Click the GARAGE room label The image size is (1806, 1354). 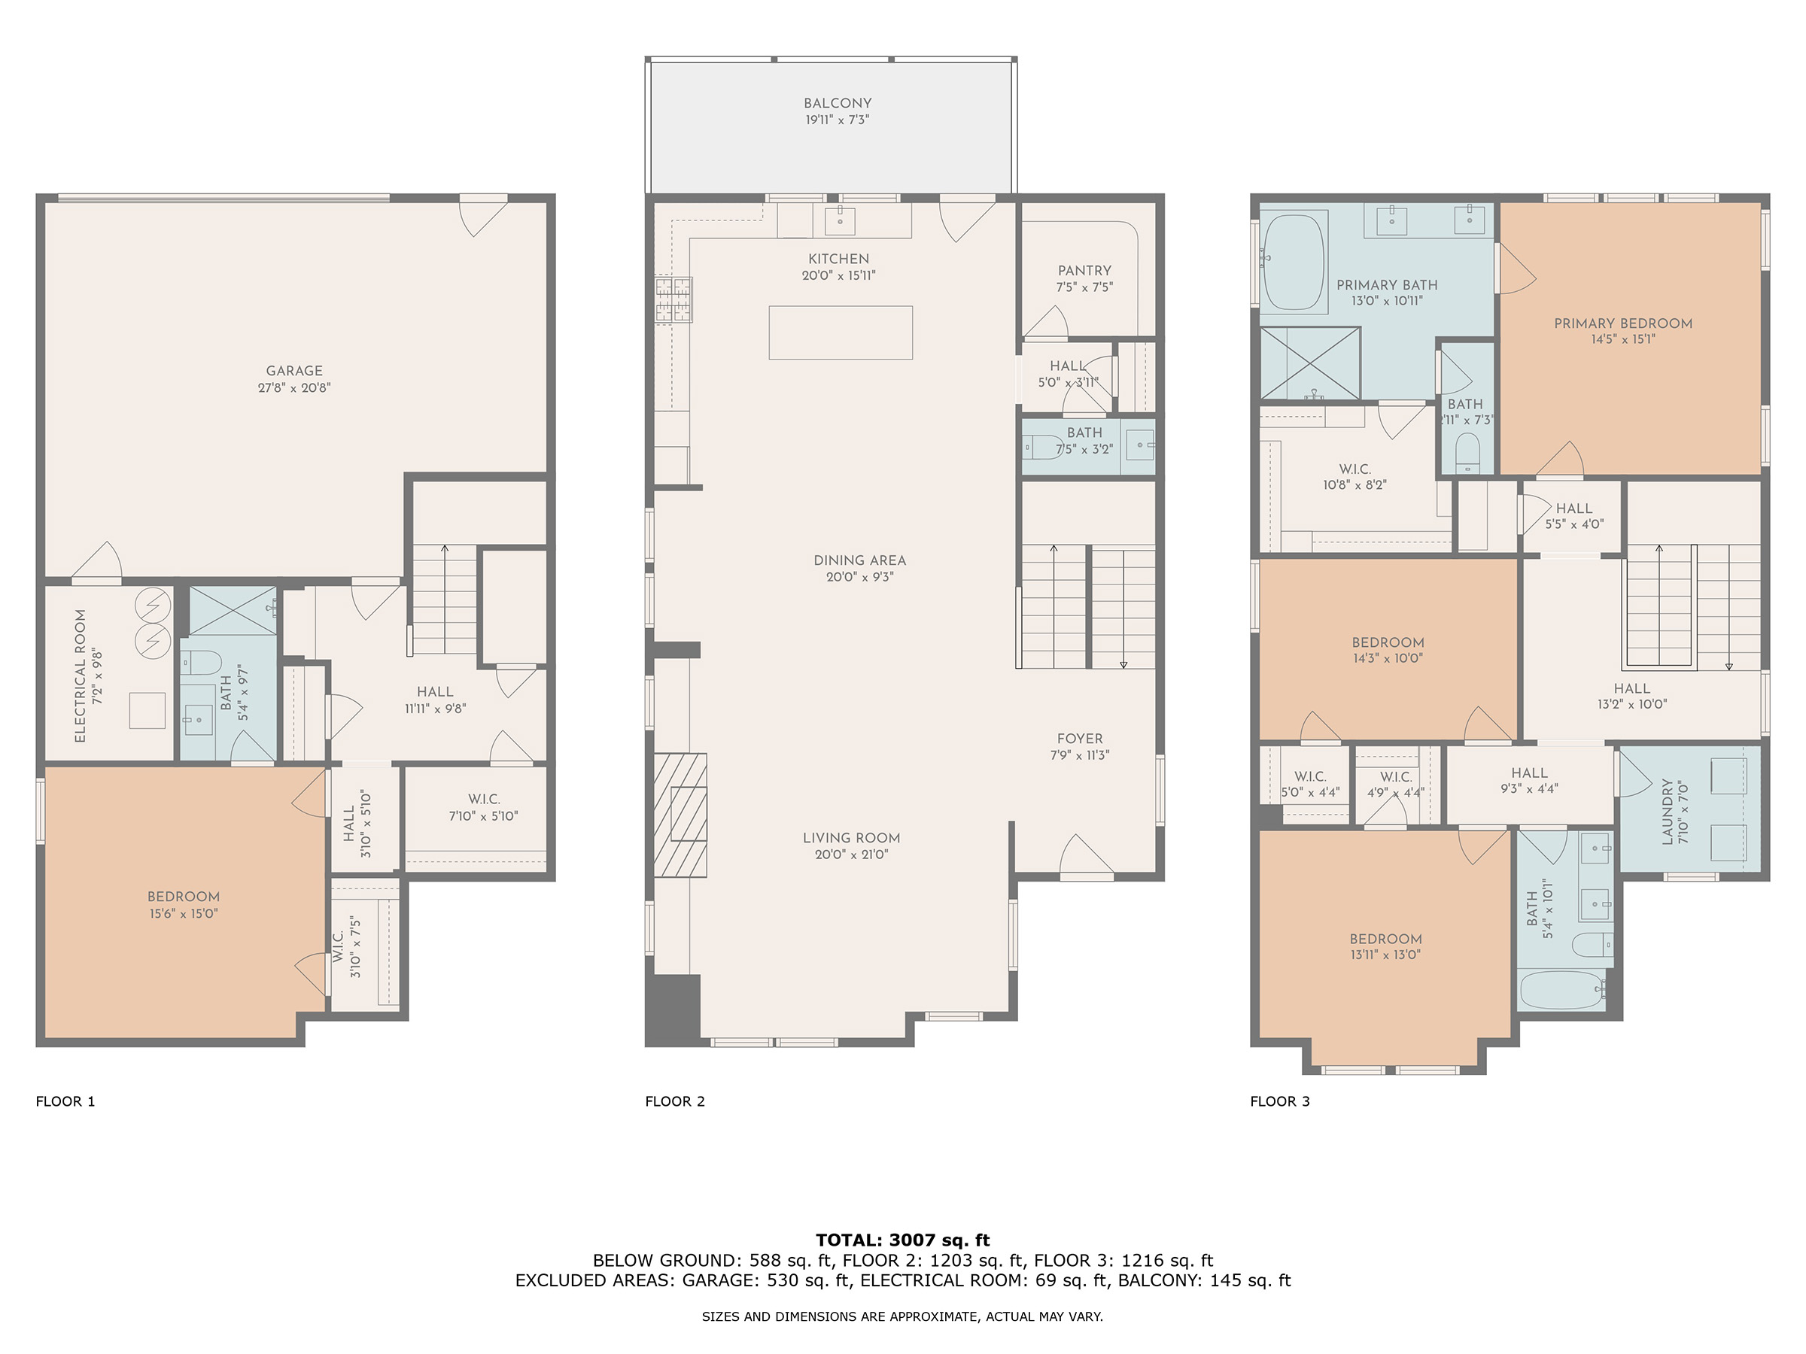point(294,371)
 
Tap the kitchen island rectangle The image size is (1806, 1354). point(840,332)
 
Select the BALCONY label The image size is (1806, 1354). point(838,104)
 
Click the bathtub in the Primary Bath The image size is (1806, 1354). point(1294,261)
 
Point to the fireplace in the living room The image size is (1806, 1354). point(680,815)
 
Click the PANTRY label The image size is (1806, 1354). point(1084,270)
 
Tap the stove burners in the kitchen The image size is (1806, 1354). point(673,299)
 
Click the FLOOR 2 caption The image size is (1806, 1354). point(674,1101)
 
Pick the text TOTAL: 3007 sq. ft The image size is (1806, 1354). point(902,1240)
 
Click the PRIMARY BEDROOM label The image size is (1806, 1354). point(1623,323)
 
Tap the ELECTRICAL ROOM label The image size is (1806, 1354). point(80,675)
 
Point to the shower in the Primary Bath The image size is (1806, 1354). point(1310,363)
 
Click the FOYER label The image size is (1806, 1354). point(1079,739)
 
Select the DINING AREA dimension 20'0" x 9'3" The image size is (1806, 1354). point(859,577)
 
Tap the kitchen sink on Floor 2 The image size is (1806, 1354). point(839,220)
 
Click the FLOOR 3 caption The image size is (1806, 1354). point(1279,1101)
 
